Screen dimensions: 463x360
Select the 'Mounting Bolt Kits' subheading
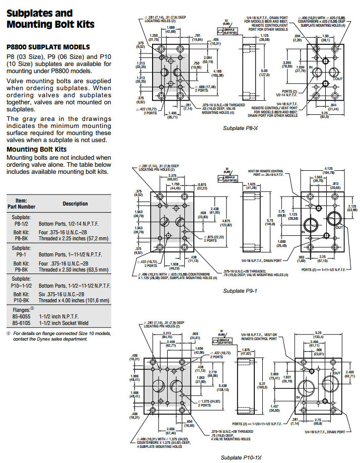(x=36, y=150)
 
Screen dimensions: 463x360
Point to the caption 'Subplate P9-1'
(x=240, y=291)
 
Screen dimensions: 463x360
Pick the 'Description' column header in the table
(x=75, y=204)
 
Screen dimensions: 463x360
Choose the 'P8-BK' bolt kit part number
(x=21, y=238)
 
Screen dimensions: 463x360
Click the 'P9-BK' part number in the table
(x=21, y=269)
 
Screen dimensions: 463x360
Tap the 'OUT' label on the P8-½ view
(x=338, y=79)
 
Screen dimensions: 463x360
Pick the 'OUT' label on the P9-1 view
(x=339, y=227)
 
